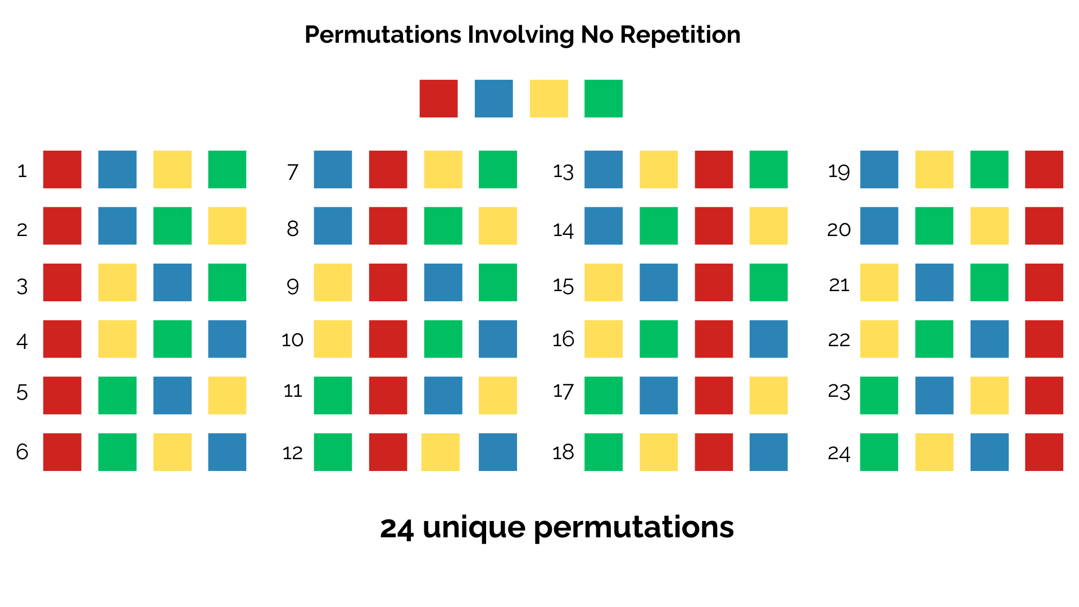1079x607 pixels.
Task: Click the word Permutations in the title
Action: tap(383, 35)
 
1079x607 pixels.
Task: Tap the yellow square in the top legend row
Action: tap(548, 98)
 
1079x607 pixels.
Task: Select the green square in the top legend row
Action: tap(604, 98)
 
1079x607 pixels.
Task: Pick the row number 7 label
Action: tap(292, 171)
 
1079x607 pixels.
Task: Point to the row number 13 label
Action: tap(563, 171)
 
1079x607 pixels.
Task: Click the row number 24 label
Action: tap(839, 453)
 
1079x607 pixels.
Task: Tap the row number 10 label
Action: tap(292, 339)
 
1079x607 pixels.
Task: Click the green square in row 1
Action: tap(227, 169)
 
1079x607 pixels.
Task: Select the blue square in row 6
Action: tap(227, 452)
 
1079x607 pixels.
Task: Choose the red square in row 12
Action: tap(388, 452)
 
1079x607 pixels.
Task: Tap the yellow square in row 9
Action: tap(333, 282)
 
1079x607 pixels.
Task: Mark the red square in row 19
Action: tap(1044, 169)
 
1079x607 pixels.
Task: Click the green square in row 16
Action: tap(659, 339)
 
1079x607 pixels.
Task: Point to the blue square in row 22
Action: tap(989, 339)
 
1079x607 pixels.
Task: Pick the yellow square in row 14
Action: tap(769, 226)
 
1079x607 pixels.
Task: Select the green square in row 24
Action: tap(879, 452)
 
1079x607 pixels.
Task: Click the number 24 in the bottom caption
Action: tap(397, 528)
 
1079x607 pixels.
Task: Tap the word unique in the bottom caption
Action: tap(473, 528)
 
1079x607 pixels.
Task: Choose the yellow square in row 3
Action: tap(117, 282)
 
